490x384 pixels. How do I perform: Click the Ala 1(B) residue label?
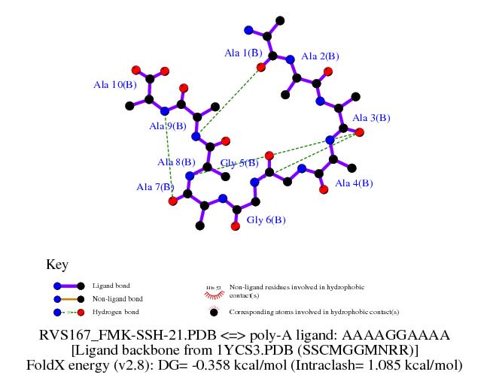tap(243, 53)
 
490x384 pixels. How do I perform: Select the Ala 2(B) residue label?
tap(320, 56)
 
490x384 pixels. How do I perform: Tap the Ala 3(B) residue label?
tap(371, 118)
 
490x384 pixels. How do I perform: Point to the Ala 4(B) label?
tap(354, 183)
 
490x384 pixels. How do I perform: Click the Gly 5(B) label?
tap(239, 163)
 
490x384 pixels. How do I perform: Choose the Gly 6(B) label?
tap(266, 220)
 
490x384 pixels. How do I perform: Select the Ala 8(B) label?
tap(176, 162)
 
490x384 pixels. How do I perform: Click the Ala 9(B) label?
tap(168, 125)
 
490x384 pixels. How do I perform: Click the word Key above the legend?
tap(57, 265)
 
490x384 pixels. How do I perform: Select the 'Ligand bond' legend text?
tap(111, 286)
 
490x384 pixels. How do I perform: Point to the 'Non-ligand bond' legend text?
tap(117, 298)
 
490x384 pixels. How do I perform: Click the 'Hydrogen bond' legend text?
tap(114, 311)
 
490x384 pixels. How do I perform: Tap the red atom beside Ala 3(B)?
tap(360, 133)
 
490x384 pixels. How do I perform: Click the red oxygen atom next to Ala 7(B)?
tap(172, 201)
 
